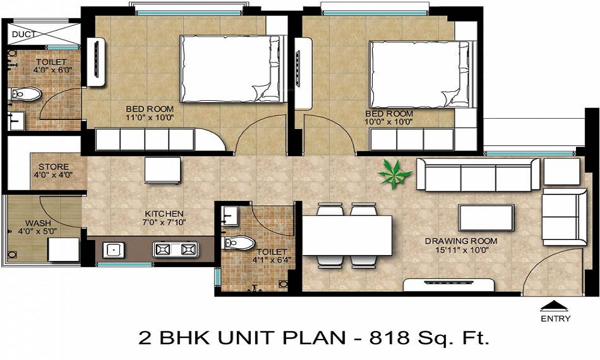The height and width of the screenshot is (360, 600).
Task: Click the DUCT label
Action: click(x=24, y=34)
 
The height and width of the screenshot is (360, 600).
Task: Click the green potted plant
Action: click(x=395, y=174)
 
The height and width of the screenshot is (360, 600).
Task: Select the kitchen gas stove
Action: click(x=176, y=250)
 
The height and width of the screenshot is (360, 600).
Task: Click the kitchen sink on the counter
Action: click(x=113, y=250)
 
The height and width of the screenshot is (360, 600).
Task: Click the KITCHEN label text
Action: click(x=164, y=214)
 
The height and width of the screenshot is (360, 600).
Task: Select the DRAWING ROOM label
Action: click(x=461, y=241)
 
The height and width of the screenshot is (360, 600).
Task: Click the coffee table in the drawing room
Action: click(x=487, y=217)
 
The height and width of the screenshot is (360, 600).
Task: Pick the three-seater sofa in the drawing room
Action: click(x=478, y=175)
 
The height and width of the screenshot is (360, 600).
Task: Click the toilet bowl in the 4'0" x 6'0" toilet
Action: click(x=25, y=94)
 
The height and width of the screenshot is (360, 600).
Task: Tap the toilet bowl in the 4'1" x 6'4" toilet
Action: click(x=239, y=243)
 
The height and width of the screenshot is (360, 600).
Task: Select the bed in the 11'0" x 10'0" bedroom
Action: click(x=233, y=69)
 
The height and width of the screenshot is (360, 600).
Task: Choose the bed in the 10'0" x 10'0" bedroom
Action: click(x=422, y=74)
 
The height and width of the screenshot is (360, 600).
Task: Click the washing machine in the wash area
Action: click(x=64, y=250)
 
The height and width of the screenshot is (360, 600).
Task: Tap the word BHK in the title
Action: click(x=183, y=338)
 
